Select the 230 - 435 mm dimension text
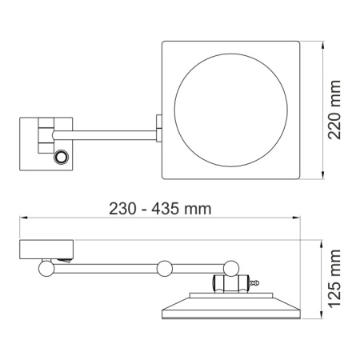point(160,210)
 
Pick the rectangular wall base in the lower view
point(47,249)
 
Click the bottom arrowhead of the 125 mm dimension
point(322,319)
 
